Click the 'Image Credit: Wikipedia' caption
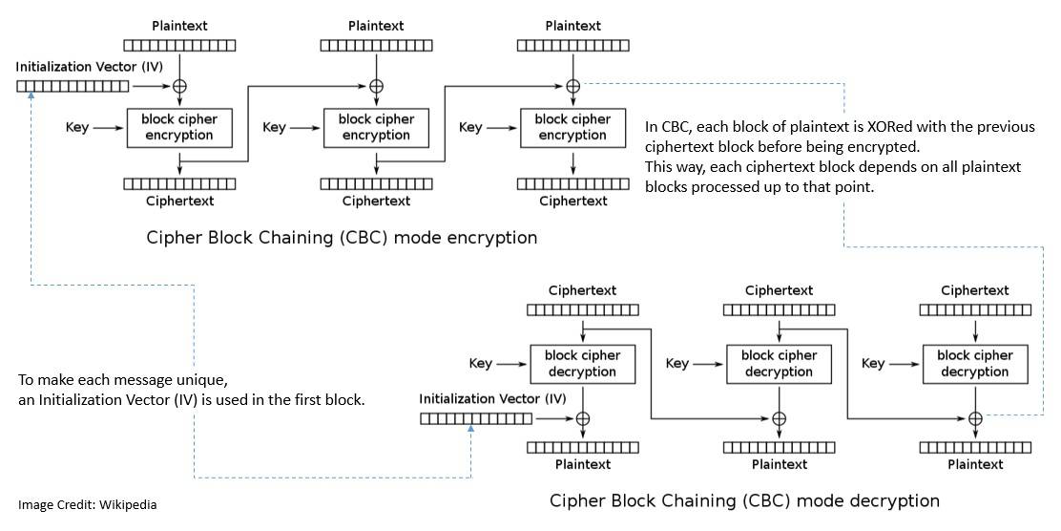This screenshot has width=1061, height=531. pyautogui.click(x=88, y=504)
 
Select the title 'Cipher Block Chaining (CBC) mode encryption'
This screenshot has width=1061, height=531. pyautogui.click(x=342, y=237)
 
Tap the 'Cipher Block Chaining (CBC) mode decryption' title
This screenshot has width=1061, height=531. pyautogui.click(x=744, y=500)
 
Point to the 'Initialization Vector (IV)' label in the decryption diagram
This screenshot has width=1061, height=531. pyautogui.click(x=492, y=398)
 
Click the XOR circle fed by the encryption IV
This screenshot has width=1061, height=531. pyautogui.click(x=179, y=86)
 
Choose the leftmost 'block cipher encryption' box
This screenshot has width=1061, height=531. pyautogui.click(x=179, y=127)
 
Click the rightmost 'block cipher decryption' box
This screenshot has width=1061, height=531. pyautogui.click(x=974, y=364)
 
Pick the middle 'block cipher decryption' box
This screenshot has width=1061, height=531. pyautogui.click(x=779, y=364)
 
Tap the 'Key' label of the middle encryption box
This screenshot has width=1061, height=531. pyautogui.click(x=274, y=127)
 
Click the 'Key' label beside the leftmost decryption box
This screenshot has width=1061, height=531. pyautogui.click(x=481, y=364)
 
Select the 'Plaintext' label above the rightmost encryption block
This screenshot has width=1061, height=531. pyautogui.click(x=572, y=25)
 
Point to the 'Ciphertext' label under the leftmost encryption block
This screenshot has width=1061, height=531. pyautogui.click(x=179, y=201)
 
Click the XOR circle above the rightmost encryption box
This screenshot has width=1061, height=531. pyautogui.click(x=572, y=86)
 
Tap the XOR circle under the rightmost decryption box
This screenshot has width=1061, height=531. pyautogui.click(x=975, y=418)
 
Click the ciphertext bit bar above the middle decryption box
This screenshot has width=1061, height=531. pyautogui.click(x=779, y=309)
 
